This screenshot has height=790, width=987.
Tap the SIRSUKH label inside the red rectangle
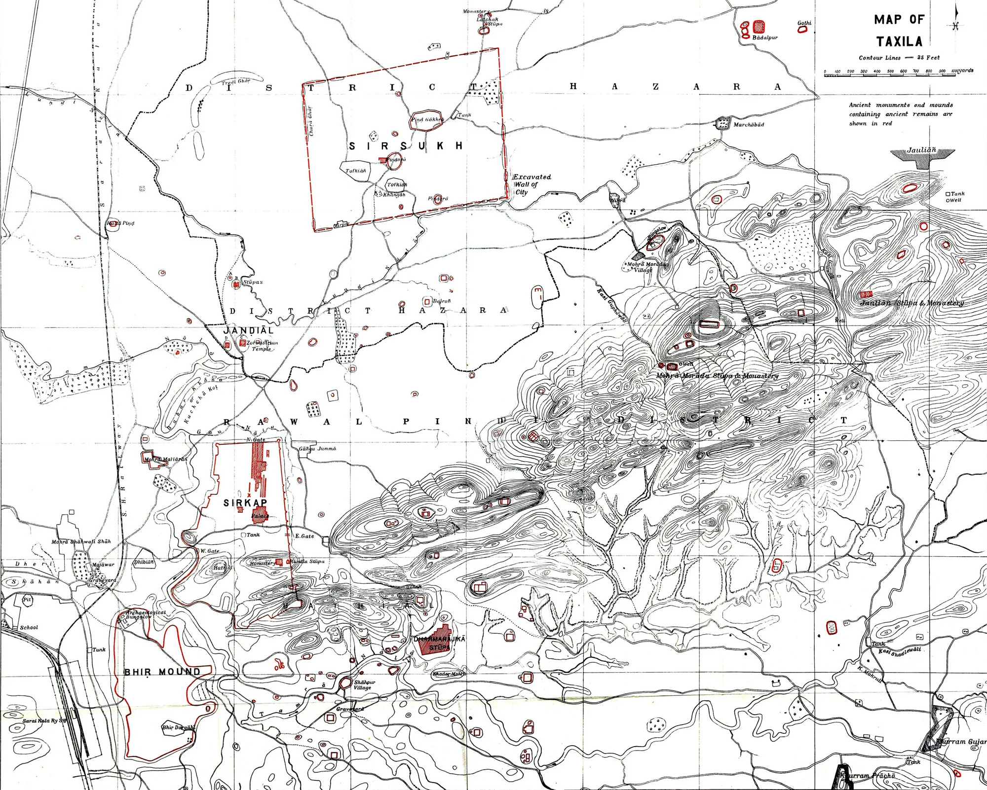click(x=406, y=146)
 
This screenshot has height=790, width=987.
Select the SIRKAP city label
click(x=245, y=503)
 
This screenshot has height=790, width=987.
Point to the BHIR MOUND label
click(x=162, y=672)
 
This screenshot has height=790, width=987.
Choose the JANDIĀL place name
click(x=248, y=330)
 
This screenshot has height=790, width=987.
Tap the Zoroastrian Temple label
click(x=262, y=345)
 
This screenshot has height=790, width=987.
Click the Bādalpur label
click(x=764, y=38)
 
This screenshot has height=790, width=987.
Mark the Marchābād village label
click(x=748, y=125)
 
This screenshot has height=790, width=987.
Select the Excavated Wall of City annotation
click(x=531, y=184)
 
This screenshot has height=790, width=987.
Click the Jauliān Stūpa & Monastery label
click(x=911, y=303)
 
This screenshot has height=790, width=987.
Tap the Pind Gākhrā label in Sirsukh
click(x=427, y=119)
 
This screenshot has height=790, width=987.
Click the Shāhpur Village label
click(x=364, y=685)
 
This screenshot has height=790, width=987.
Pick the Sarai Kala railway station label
click(x=44, y=721)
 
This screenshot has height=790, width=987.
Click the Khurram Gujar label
click(x=960, y=742)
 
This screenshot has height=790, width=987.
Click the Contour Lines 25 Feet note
click(x=899, y=58)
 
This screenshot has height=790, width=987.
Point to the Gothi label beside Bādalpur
click(x=804, y=23)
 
